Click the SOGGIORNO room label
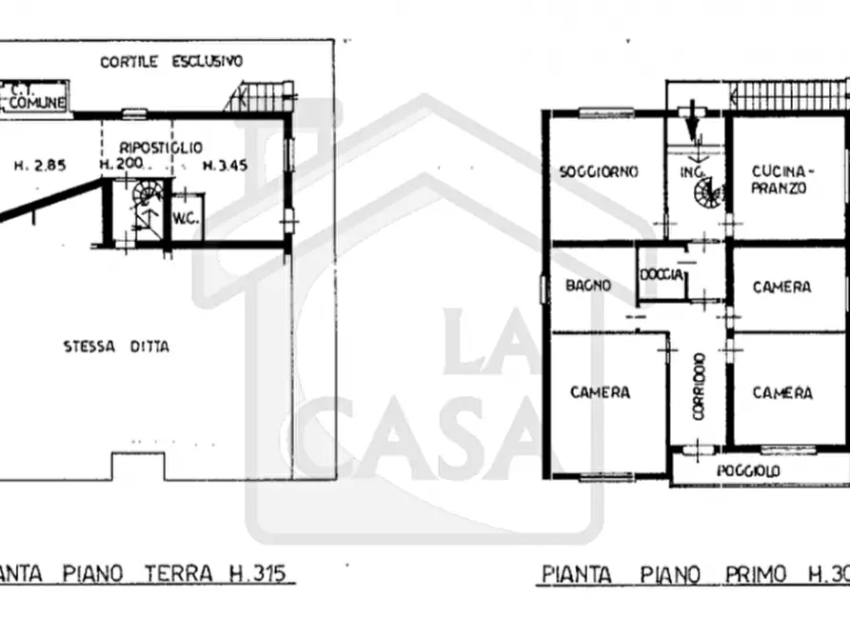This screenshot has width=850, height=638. click(x=598, y=172)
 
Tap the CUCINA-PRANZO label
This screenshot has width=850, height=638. click(x=780, y=179)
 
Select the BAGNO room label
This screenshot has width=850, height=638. click(x=587, y=285)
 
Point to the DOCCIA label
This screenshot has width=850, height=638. click(x=662, y=274)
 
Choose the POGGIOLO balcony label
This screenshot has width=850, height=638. click(x=748, y=471)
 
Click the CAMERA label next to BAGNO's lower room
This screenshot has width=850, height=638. click(x=600, y=392)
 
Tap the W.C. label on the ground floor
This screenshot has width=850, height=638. click(x=184, y=218)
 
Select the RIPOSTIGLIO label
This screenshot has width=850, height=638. click(x=161, y=148)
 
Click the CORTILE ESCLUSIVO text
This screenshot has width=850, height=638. click(x=172, y=61)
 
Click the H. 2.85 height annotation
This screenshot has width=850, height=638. click(x=39, y=165)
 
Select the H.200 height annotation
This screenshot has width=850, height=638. click(x=121, y=165)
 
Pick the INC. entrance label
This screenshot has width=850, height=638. click(x=691, y=172)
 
